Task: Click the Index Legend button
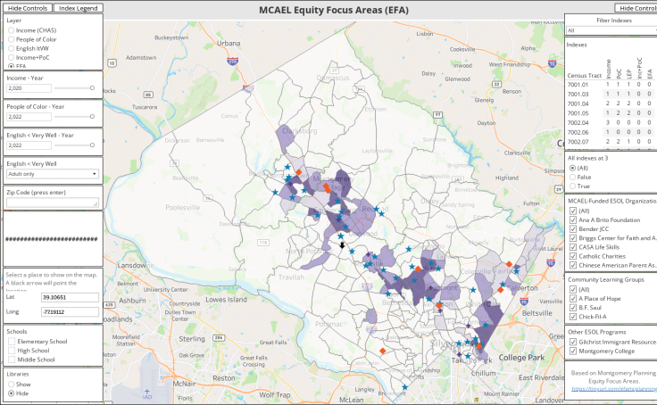(79, 7)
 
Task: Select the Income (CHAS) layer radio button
(11, 30)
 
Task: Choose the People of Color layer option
(11, 39)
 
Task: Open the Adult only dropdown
(52, 174)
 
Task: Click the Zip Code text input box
(52, 202)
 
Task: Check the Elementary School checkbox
(11, 341)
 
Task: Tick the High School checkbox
(11, 351)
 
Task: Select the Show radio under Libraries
(11, 384)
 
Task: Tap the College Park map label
(524, 358)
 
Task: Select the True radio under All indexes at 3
(572, 186)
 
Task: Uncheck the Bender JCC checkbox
(573, 229)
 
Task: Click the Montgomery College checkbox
(573, 351)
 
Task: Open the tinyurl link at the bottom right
(611, 389)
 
